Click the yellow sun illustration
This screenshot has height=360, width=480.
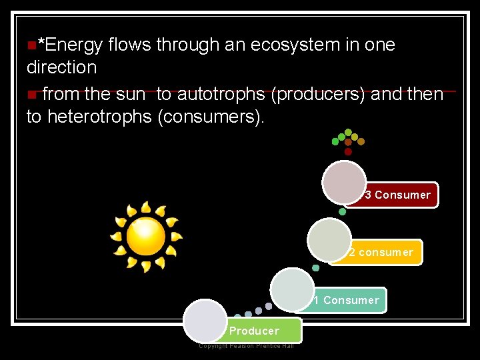(145, 237)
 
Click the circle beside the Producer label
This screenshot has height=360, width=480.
(205, 321)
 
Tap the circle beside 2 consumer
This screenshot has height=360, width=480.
(329, 240)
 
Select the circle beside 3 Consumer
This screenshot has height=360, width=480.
(344, 183)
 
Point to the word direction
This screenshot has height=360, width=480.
(61, 67)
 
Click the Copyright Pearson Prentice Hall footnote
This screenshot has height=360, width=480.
(246, 345)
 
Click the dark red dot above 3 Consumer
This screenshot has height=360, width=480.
(348, 152)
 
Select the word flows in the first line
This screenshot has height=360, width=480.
(129, 45)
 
